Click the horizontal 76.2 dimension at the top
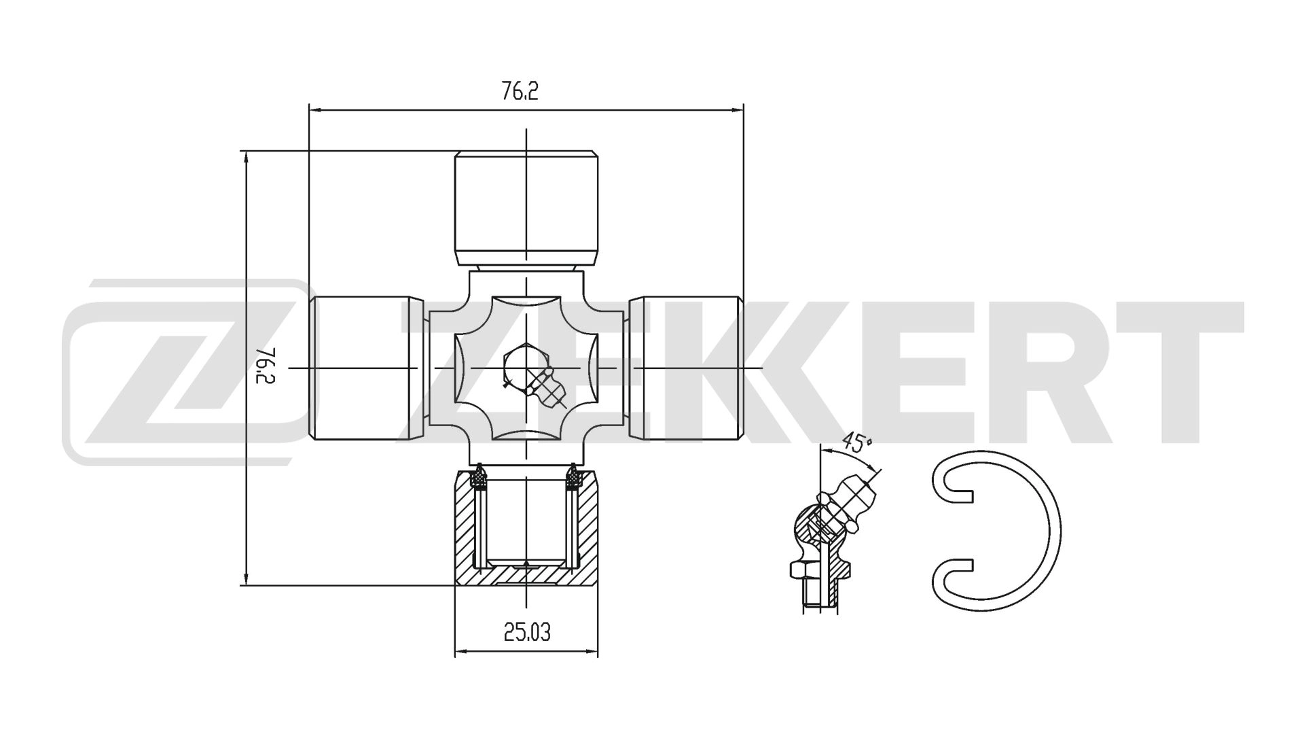[520, 91]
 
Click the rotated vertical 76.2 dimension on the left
[266, 367]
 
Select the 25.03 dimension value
[526, 632]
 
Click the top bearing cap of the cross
[526, 207]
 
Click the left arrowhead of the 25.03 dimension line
[459, 652]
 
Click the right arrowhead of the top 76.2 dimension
[739, 109]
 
